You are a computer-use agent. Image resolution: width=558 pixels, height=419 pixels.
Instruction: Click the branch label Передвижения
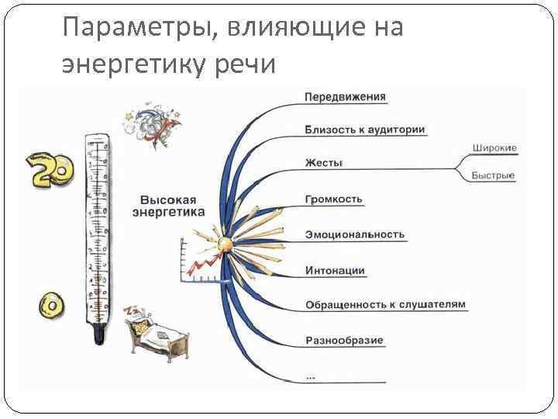coord(345,97)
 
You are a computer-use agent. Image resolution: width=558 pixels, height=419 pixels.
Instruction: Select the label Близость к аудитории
coord(365,130)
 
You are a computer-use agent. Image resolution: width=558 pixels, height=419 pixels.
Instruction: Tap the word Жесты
coord(324,163)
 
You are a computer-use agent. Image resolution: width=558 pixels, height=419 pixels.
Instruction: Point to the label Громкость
coord(334,199)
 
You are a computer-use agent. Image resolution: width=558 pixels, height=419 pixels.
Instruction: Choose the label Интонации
coord(335,271)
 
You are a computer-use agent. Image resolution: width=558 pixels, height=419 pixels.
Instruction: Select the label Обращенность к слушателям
coord(385,304)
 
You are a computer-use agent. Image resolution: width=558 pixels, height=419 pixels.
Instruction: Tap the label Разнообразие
coord(345,341)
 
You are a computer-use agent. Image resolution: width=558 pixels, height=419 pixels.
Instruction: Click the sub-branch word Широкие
coord(494,148)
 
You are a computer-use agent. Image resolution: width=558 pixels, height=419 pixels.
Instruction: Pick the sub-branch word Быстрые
coord(494,176)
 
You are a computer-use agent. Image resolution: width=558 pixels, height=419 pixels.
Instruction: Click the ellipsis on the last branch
coord(311,376)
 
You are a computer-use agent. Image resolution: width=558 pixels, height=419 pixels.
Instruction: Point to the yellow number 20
coord(51,169)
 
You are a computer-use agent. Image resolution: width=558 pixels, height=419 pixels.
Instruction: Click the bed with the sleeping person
coord(155,330)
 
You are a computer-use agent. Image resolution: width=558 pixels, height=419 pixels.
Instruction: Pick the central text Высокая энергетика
coord(168,205)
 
